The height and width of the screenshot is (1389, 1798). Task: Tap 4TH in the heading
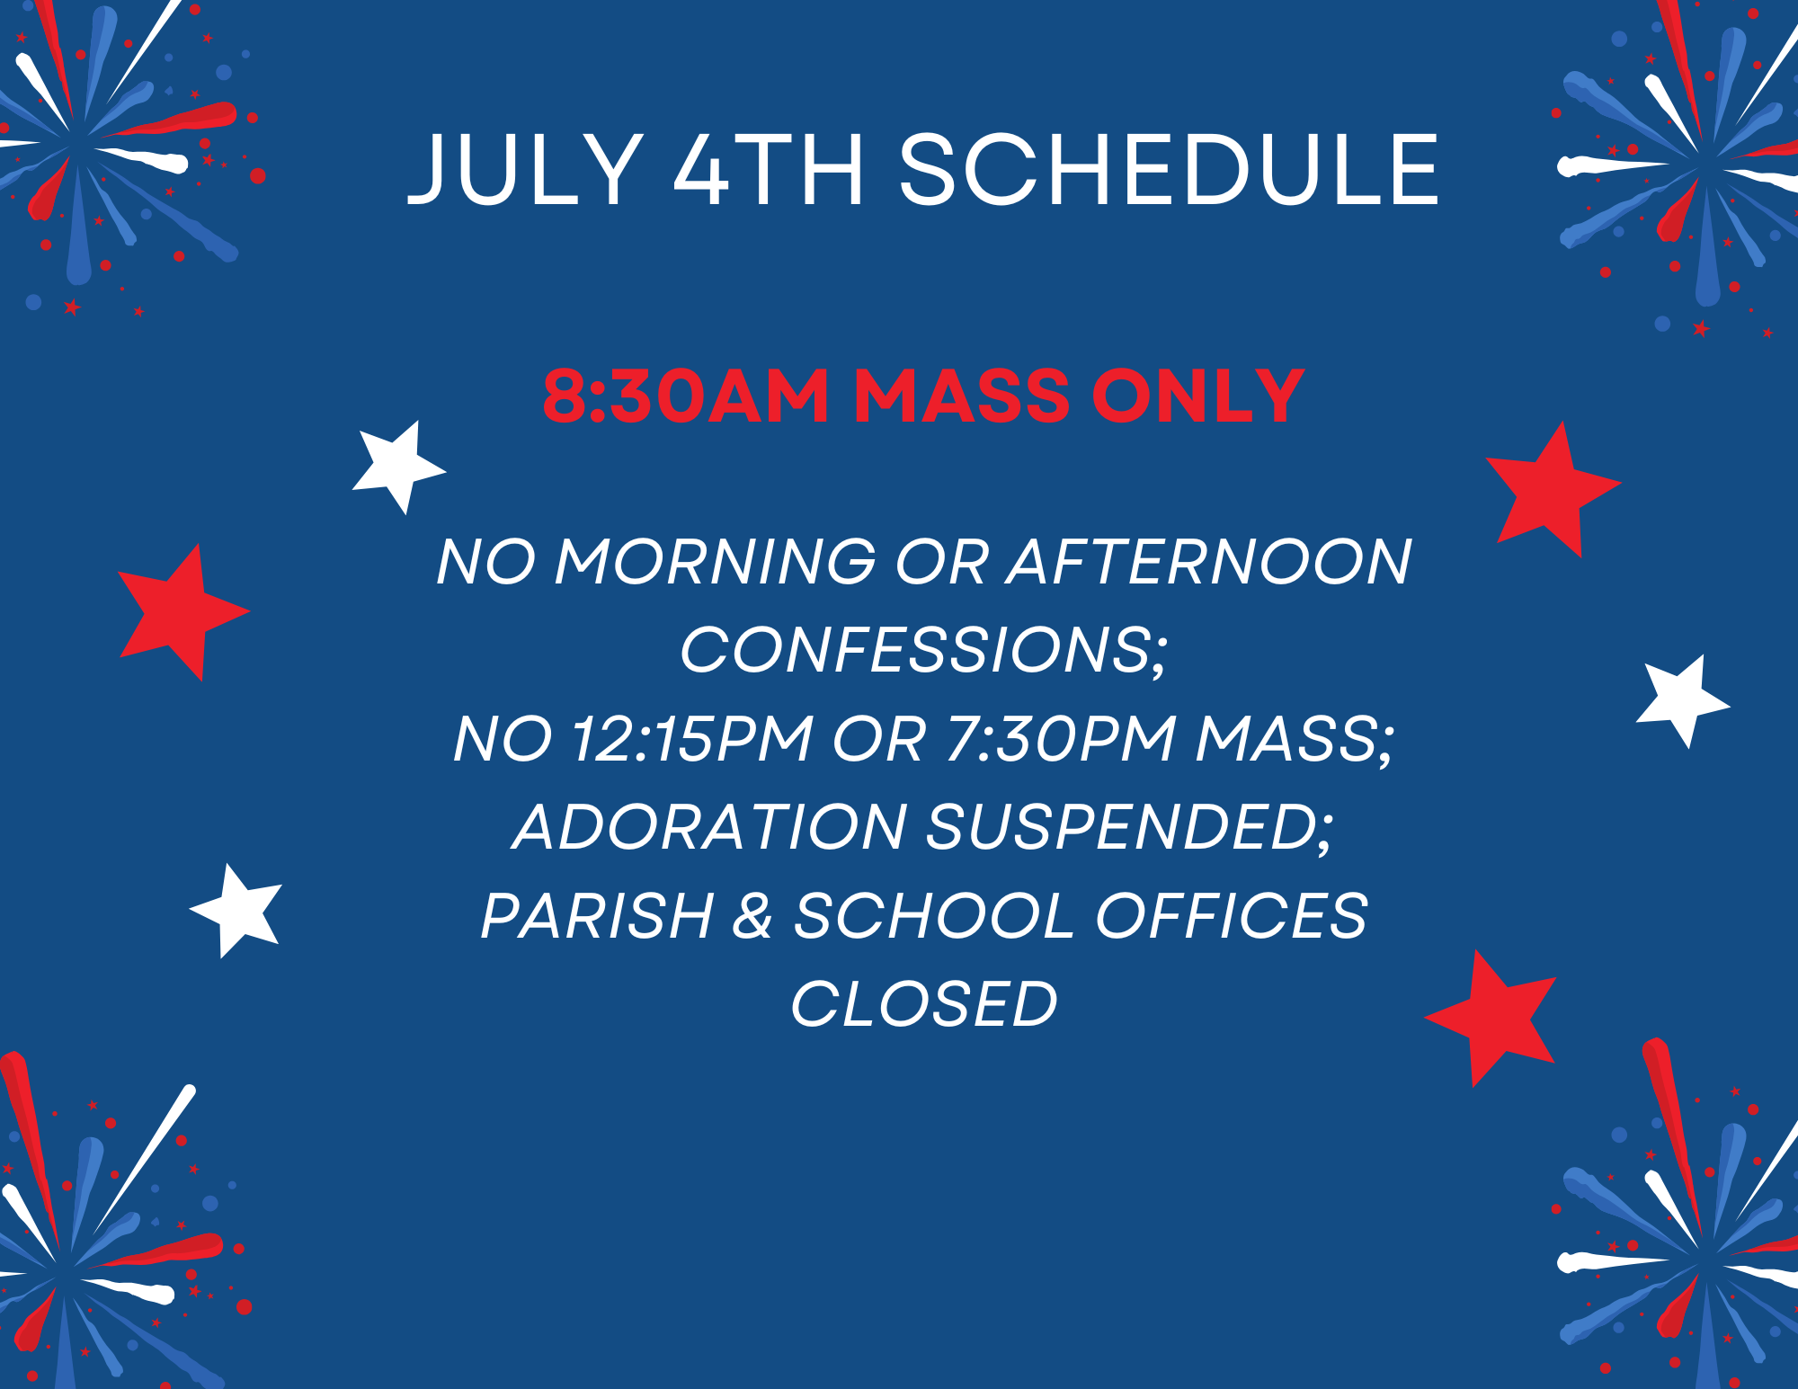[x=770, y=169]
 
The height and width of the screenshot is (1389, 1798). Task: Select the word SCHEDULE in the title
[x=1169, y=169]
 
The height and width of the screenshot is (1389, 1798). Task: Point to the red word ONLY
[x=1197, y=396]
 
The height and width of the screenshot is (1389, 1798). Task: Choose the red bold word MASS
[x=961, y=396]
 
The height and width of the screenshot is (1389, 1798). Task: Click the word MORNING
[x=716, y=562]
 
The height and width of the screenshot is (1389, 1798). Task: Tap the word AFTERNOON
[x=1210, y=562]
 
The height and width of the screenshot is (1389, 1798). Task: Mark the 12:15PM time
[x=692, y=739]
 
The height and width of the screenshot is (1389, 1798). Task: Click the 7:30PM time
[x=1061, y=739]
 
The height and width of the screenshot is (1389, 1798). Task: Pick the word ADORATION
[x=709, y=827]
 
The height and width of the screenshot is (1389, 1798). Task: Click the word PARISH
[x=598, y=916]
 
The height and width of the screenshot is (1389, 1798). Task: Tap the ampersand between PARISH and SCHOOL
[x=753, y=916]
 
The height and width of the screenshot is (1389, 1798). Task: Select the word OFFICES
[x=1232, y=916]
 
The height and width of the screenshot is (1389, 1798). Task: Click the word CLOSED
[x=923, y=1004]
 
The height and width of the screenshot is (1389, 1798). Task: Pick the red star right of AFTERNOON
[x=1550, y=490]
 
